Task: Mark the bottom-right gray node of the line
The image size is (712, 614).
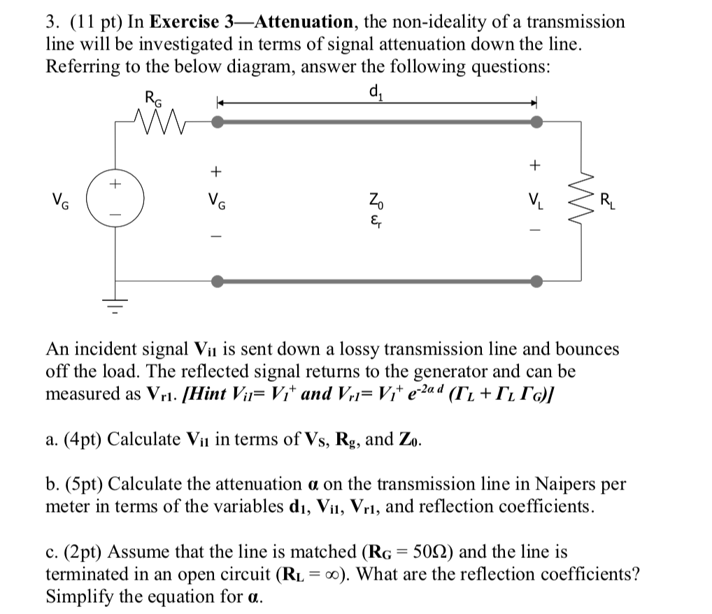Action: [536, 281]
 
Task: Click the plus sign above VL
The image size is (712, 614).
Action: [536, 166]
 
